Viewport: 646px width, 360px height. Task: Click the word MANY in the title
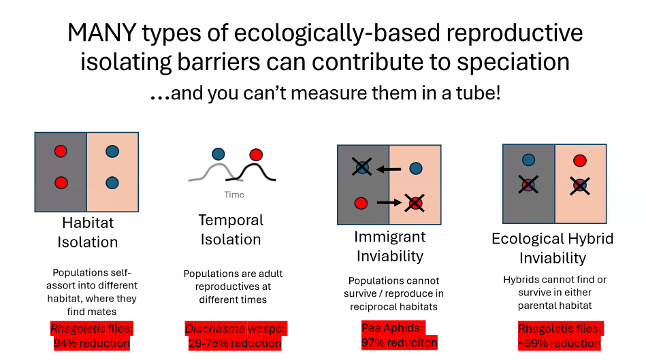coord(101,33)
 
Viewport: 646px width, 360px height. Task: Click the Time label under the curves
coord(234,195)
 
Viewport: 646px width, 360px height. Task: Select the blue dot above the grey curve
coord(219,154)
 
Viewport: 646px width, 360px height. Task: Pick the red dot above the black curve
coord(256,154)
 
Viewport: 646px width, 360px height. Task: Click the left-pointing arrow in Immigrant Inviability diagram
coord(389,169)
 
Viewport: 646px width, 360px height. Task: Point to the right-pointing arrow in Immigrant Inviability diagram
coord(389,202)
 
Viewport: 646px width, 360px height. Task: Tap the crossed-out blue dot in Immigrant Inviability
coord(361,167)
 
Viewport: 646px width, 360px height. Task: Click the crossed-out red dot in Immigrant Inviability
coord(415,203)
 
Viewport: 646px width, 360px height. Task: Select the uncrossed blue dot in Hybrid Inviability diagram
coord(529,160)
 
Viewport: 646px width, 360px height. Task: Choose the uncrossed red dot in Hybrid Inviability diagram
coord(580,160)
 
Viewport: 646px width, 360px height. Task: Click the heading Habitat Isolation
coord(88,232)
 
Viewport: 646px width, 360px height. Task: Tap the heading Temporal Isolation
coord(231,230)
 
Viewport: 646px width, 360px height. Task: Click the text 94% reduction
coord(92,343)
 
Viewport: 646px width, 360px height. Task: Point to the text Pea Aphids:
coord(392,328)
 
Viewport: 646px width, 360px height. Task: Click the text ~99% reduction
coord(560,343)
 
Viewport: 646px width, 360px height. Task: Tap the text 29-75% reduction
coord(235,343)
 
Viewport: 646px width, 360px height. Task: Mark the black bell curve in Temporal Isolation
coord(252,173)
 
